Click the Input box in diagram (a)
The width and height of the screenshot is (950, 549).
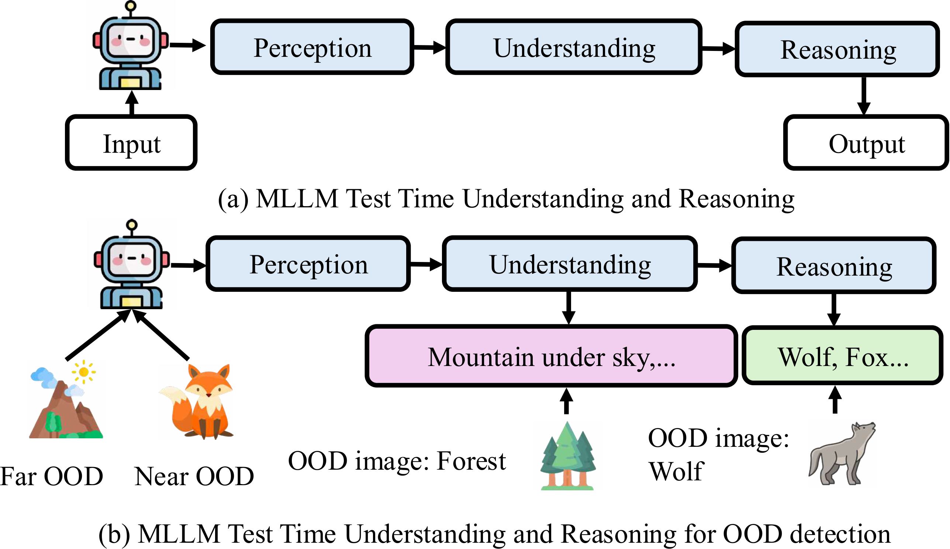pos(131,143)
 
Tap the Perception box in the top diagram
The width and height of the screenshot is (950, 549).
pos(312,47)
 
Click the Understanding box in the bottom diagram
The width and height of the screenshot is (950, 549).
pos(570,263)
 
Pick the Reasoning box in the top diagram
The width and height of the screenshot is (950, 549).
pos(837,49)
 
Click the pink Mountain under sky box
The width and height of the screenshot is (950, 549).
pos(551,356)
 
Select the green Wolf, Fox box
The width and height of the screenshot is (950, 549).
pos(843,356)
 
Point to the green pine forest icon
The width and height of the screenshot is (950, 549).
pos(568,456)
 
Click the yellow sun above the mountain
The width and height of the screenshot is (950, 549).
pos(84,372)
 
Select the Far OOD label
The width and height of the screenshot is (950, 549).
pos(52,476)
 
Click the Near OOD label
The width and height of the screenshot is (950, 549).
pos(194,476)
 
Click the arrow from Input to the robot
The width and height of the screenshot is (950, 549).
pos(132,103)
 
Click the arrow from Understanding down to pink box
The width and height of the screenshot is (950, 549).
pos(569,307)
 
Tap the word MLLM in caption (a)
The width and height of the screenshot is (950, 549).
pos(297,199)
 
